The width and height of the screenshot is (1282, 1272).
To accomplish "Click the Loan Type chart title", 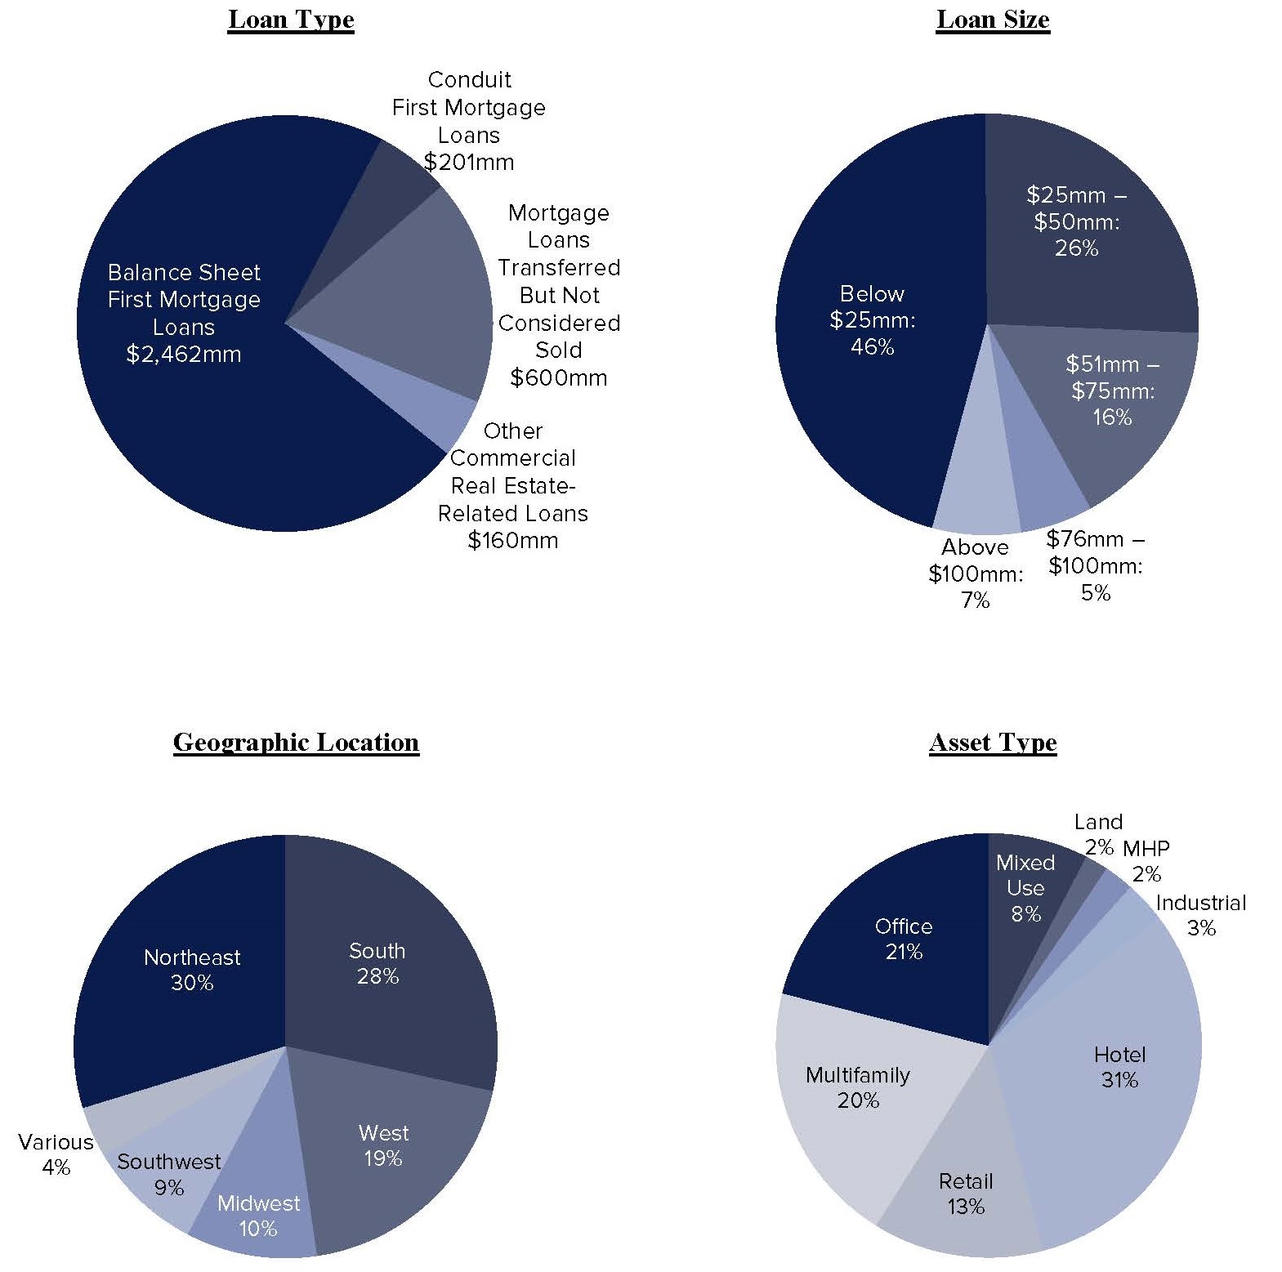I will click(x=291, y=20).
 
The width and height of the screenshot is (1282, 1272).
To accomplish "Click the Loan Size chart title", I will click(x=992, y=20).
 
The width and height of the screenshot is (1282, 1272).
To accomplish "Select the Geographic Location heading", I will click(x=296, y=742).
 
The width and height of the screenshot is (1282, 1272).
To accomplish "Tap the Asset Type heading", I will click(x=992, y=742).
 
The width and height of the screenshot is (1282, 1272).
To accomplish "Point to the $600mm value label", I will click(x=558, y=377).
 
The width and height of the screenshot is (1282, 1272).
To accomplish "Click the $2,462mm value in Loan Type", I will click(x=184, y=355).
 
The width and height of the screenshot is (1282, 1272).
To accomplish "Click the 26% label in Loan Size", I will click(x=1076, y=248).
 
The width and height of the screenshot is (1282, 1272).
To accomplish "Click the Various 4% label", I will click(x=56, y=1154).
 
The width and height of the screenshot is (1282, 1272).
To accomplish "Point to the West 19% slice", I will click(x=382, y=1145).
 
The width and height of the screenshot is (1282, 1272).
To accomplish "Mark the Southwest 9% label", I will click(x=168, y=1174).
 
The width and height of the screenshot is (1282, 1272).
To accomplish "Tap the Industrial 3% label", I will click(x=1200, y=915).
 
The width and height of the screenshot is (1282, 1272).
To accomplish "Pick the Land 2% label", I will click(x=1098, y=833).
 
